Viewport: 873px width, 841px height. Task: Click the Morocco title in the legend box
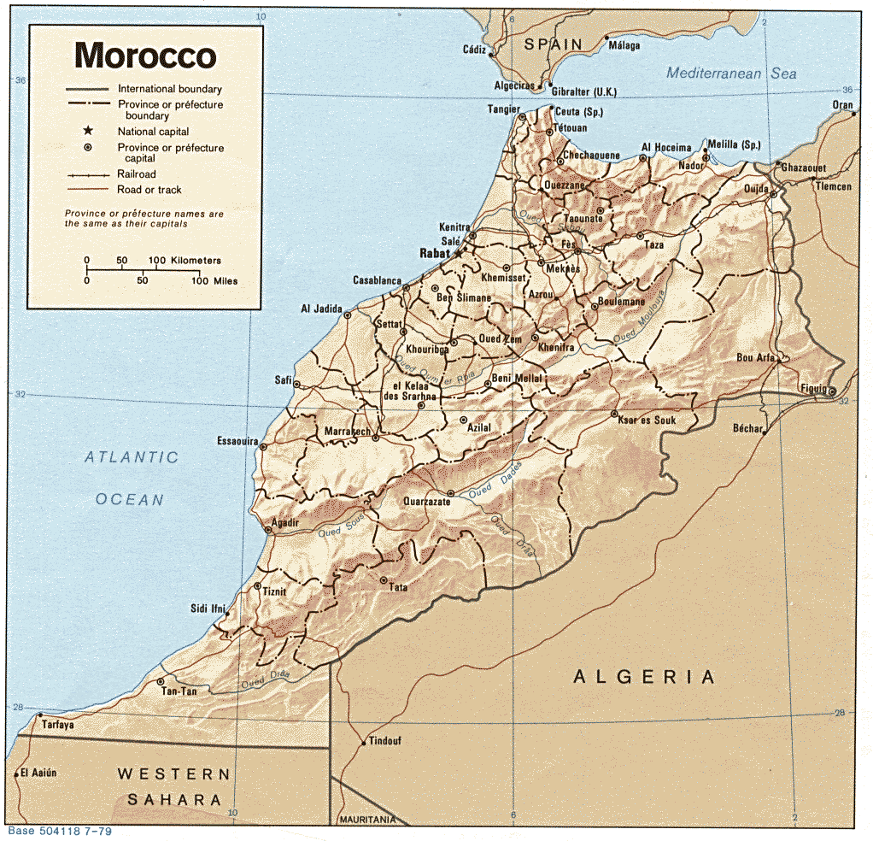click(x=145, y=56)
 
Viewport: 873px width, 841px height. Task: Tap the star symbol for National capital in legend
click(x=87, y=131)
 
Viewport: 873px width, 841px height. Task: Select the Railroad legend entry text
click(x=137, y=174)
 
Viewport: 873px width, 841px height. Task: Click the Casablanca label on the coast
click(x=377, y=280)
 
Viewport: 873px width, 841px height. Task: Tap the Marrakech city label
click(x=348, y=432)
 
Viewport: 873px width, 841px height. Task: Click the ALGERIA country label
click(x=644, y=677)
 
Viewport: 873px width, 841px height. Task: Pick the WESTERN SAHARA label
click(x=174, y=787)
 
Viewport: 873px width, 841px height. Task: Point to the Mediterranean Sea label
click(x=731, y=74)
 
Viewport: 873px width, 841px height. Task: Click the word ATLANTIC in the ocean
click(x=132, y=457)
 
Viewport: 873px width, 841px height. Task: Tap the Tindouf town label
click(x=385, y=741)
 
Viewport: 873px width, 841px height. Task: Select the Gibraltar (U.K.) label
click(x=584, y=91)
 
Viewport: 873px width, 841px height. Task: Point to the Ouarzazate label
click(x=426, y=502)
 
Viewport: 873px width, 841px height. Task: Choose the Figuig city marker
click(x=832, y=391)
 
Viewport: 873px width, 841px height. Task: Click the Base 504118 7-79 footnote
click(x=59, y=831)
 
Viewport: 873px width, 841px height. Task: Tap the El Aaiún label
click(x=38, y=773)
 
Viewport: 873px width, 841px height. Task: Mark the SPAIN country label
click(x=553, y=44)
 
